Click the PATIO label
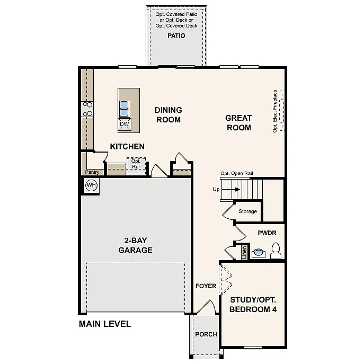pos(176,36)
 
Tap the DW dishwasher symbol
pos(125,124)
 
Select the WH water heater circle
pos(91,185)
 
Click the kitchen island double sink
pos(124,108)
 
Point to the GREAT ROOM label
pos(238,122)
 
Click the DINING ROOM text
pos(168,114)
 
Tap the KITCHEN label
pos(127,146)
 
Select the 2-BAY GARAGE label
pos(135,245)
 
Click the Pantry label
pos(92,172)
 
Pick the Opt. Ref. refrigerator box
pos(136,164)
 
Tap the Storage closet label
pos(247,211)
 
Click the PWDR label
pos(267,233)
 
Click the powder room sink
pos(258,252)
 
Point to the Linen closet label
pos(244,252)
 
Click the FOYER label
pos(206,286)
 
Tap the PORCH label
pos(206,334)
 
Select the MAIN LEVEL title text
pos(105,324)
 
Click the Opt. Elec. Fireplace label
pos(275,111)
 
